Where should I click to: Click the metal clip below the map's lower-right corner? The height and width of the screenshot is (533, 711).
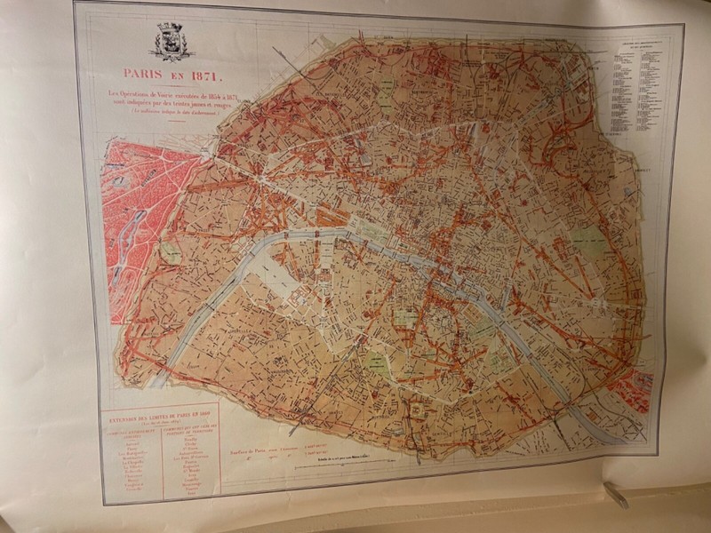(616, 494)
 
